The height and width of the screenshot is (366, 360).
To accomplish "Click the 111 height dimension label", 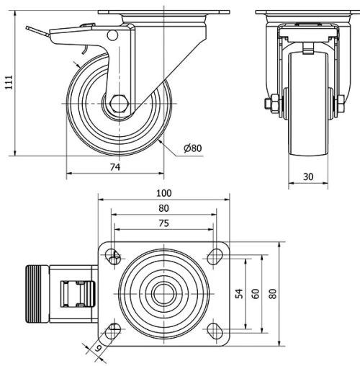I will point(8,84).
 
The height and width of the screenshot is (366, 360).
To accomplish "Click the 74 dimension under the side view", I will point(114,167).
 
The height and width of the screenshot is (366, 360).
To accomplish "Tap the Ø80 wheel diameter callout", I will point(192,148).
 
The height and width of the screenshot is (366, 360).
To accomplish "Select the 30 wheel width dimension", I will point(307,176).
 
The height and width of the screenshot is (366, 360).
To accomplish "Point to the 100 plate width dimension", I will point(163,194).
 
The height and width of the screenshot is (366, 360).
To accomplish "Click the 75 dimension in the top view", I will point(163,223).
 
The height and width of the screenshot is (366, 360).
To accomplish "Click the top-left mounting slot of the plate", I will point(113,254).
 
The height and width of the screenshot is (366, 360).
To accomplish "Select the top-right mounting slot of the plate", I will point(214,254).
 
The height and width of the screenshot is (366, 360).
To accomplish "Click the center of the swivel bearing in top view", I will point(163,293).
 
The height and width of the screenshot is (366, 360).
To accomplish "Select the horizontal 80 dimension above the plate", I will point(163,209).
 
